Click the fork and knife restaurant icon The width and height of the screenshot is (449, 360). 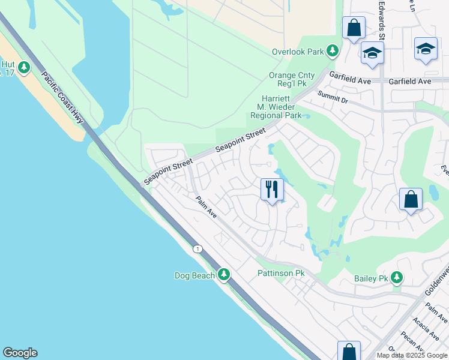(272, 190)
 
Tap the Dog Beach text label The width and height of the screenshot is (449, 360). (194, 275)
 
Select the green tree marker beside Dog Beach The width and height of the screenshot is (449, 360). (224, 275)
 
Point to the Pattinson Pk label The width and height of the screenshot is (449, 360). (282, 273)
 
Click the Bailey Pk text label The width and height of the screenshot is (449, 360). (372, 278)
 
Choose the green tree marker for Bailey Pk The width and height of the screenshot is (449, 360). (396, 277)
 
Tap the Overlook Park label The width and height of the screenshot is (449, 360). (298, 52)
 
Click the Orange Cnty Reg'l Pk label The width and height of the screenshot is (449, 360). (291, 80)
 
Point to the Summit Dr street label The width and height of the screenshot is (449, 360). (333, 96)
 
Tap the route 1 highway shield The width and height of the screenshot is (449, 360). (197, 248)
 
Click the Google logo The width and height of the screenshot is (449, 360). (20, 353)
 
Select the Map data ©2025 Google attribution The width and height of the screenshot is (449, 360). (412, 355)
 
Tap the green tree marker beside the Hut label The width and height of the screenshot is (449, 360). (24, 68)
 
